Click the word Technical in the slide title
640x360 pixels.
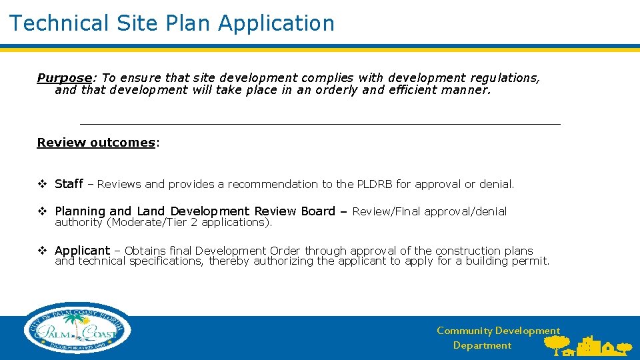(58, 23)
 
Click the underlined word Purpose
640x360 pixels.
(63, 78)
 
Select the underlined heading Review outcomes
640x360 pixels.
(96, 143)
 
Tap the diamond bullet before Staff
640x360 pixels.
(42, 184)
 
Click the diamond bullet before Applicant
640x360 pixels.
(42, 251)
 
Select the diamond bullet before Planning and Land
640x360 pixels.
(42, 211)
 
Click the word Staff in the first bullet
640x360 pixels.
(69, 184)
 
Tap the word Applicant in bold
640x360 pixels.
(82, 251)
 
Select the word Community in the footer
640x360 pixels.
(465, 331)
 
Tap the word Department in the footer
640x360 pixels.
(482, 345)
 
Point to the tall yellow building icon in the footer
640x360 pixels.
(587, 345)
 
